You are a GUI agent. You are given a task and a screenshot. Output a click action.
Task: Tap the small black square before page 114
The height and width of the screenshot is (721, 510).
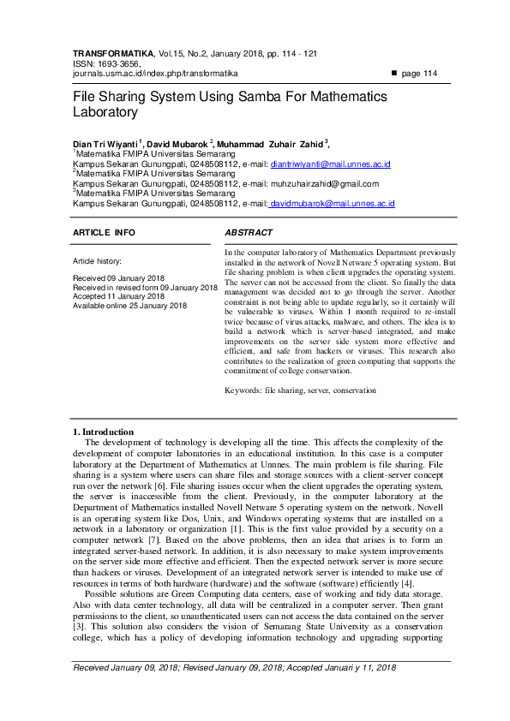394,74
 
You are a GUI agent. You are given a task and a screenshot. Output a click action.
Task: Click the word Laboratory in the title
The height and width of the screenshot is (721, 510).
105,112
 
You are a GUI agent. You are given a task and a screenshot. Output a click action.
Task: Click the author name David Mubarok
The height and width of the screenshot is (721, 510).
177,143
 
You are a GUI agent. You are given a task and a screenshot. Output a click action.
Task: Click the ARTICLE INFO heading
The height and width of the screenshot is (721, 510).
104,233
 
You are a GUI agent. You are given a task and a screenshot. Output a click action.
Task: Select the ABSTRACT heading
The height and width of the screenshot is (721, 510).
249,233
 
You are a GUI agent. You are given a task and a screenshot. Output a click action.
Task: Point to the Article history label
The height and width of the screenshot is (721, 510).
97,260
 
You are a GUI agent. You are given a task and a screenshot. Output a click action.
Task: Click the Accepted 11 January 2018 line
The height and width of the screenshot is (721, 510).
118,296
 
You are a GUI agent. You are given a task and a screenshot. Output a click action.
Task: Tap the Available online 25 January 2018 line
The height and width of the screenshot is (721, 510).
129,306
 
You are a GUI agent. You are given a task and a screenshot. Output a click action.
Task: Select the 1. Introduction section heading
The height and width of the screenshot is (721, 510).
103,432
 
